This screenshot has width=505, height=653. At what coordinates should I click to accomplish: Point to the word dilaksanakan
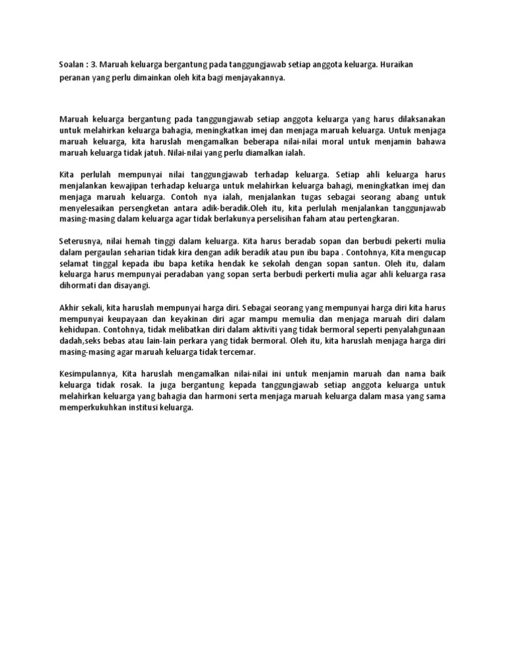click(417, 119)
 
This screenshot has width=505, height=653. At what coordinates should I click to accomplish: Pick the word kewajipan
click(124, 186)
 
